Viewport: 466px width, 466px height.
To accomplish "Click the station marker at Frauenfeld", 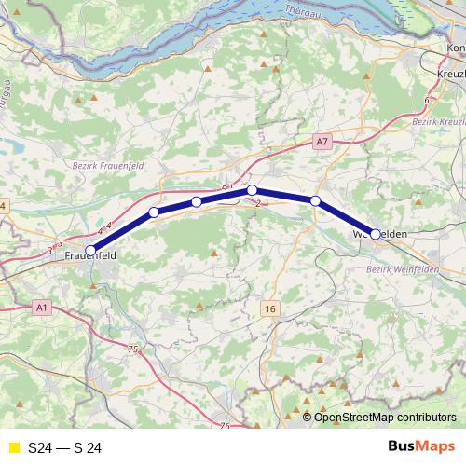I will [90, 249].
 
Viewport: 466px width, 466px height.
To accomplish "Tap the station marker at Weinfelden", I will [375, 235].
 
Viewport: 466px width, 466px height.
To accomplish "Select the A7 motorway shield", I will [322, 142].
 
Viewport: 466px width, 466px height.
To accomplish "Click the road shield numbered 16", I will [270, 308].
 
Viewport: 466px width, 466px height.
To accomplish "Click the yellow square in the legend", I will [13, 447].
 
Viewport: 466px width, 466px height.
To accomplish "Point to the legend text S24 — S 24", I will [65, 447].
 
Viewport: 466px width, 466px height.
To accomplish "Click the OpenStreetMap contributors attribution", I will [385, 418].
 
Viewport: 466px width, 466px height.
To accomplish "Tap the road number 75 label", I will [132, 349].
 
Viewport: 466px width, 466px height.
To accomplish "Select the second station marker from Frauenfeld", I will [154, 212].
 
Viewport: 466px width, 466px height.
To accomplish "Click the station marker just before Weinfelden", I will [316, 200].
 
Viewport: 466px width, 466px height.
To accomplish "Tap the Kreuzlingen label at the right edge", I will [452, 73].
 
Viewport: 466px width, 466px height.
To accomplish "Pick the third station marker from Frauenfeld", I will [196, 201].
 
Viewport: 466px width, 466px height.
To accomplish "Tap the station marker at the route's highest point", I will [252, 190].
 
